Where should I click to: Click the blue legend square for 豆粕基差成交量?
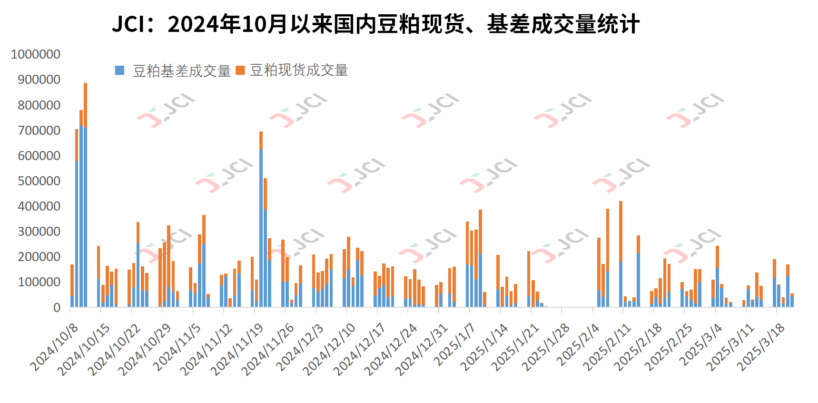120,71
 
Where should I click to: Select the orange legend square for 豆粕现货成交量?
240,71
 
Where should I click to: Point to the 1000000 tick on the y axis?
36,54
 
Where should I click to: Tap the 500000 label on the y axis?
39,181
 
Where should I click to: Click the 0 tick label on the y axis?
57,308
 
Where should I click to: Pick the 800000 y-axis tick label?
39,105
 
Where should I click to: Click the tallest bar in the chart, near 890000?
86,195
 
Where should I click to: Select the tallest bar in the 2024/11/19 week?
261,219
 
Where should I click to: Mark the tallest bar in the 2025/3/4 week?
717,276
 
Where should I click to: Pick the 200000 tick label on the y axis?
39,257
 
